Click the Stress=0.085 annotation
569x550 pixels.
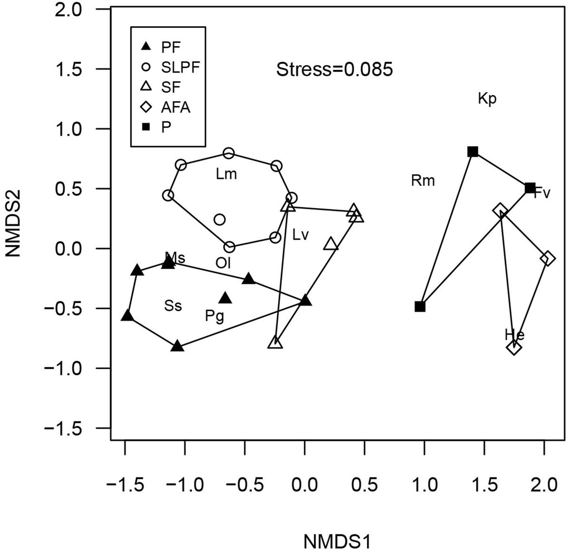(x=335, y=70)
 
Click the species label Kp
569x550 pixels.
(x=487, y=99)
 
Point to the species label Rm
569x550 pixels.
(x=423, y=180)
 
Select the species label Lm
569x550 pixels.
(x=226, y=174)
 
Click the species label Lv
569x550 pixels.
(x=301, y=235)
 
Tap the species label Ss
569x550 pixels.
(x=173, y=306)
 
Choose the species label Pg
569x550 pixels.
(x=214, y=316)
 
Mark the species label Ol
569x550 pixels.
(x=223, y=263)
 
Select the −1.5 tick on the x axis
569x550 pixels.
(x=125, y=485)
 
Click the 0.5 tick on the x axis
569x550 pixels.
(x=364, y=485)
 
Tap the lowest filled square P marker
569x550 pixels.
(x=420, y=307)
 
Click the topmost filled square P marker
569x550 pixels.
(x=473, y=152)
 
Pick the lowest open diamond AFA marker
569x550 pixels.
(x=514, y=348)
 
